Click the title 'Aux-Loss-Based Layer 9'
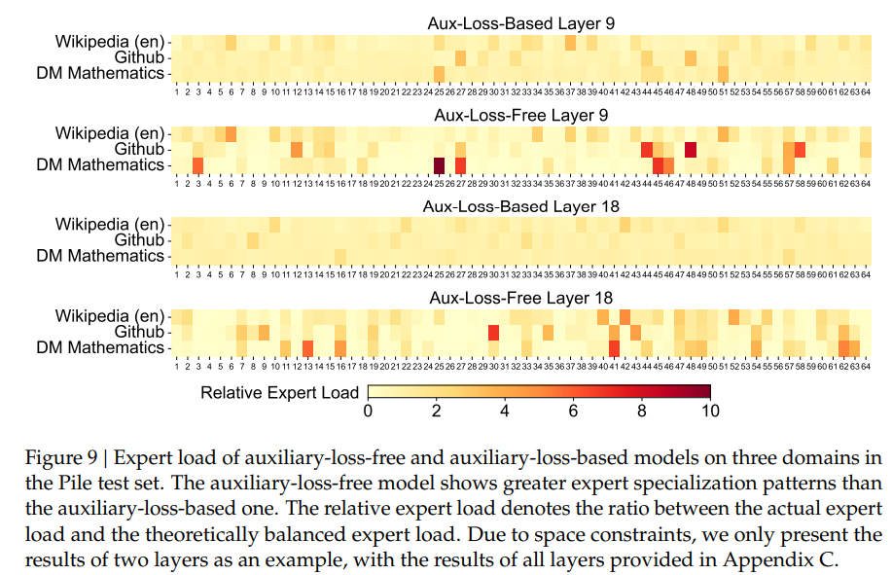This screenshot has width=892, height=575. pos(520,22)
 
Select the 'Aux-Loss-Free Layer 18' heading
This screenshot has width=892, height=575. pos(520,298)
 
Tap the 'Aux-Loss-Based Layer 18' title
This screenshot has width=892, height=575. pos(520,206)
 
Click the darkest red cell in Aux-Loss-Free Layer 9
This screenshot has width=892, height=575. pos(438,164)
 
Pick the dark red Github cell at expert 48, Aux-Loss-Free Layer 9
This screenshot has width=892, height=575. pos(691,149)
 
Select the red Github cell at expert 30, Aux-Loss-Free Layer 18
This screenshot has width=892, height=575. pos(493,333)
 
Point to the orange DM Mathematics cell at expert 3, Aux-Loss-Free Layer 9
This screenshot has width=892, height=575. pos(197,164)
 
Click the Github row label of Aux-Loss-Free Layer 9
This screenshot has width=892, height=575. pos(139,149)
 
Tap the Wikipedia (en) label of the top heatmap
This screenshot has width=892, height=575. pos(110,42)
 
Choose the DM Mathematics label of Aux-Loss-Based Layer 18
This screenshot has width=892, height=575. pos(100,256)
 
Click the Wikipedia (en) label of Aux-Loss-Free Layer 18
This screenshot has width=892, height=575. pos(110,316)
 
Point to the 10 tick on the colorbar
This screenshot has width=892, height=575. pos(709,411)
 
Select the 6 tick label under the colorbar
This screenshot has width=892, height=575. pos(573,411)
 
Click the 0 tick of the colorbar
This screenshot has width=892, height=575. pos(368,411)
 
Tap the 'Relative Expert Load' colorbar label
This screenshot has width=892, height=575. pos(279,393)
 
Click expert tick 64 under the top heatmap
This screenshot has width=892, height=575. pos(865,92)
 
